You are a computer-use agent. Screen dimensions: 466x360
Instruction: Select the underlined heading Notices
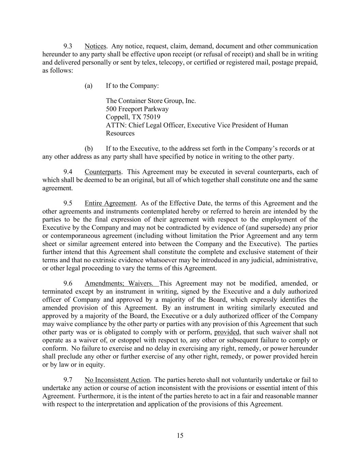click(95, 46)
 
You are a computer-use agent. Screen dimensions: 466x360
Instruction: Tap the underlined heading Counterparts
click(103, 172)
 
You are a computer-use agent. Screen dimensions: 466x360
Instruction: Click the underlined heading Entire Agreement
click(110, 203)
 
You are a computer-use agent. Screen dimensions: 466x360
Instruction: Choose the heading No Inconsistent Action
click(117, 380)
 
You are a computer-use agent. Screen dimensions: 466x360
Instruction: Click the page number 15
click(180, 436)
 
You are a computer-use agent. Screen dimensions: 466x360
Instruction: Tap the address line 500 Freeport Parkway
click(137, 109)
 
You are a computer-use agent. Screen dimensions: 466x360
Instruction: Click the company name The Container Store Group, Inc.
click(151, 101)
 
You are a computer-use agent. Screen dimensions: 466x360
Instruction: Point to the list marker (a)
click(88, 86)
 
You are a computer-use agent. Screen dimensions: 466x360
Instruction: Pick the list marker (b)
click(88, 149)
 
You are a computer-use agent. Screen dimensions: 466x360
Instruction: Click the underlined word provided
click(227, 333)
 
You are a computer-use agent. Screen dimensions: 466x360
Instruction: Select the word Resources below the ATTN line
click(120, 133)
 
